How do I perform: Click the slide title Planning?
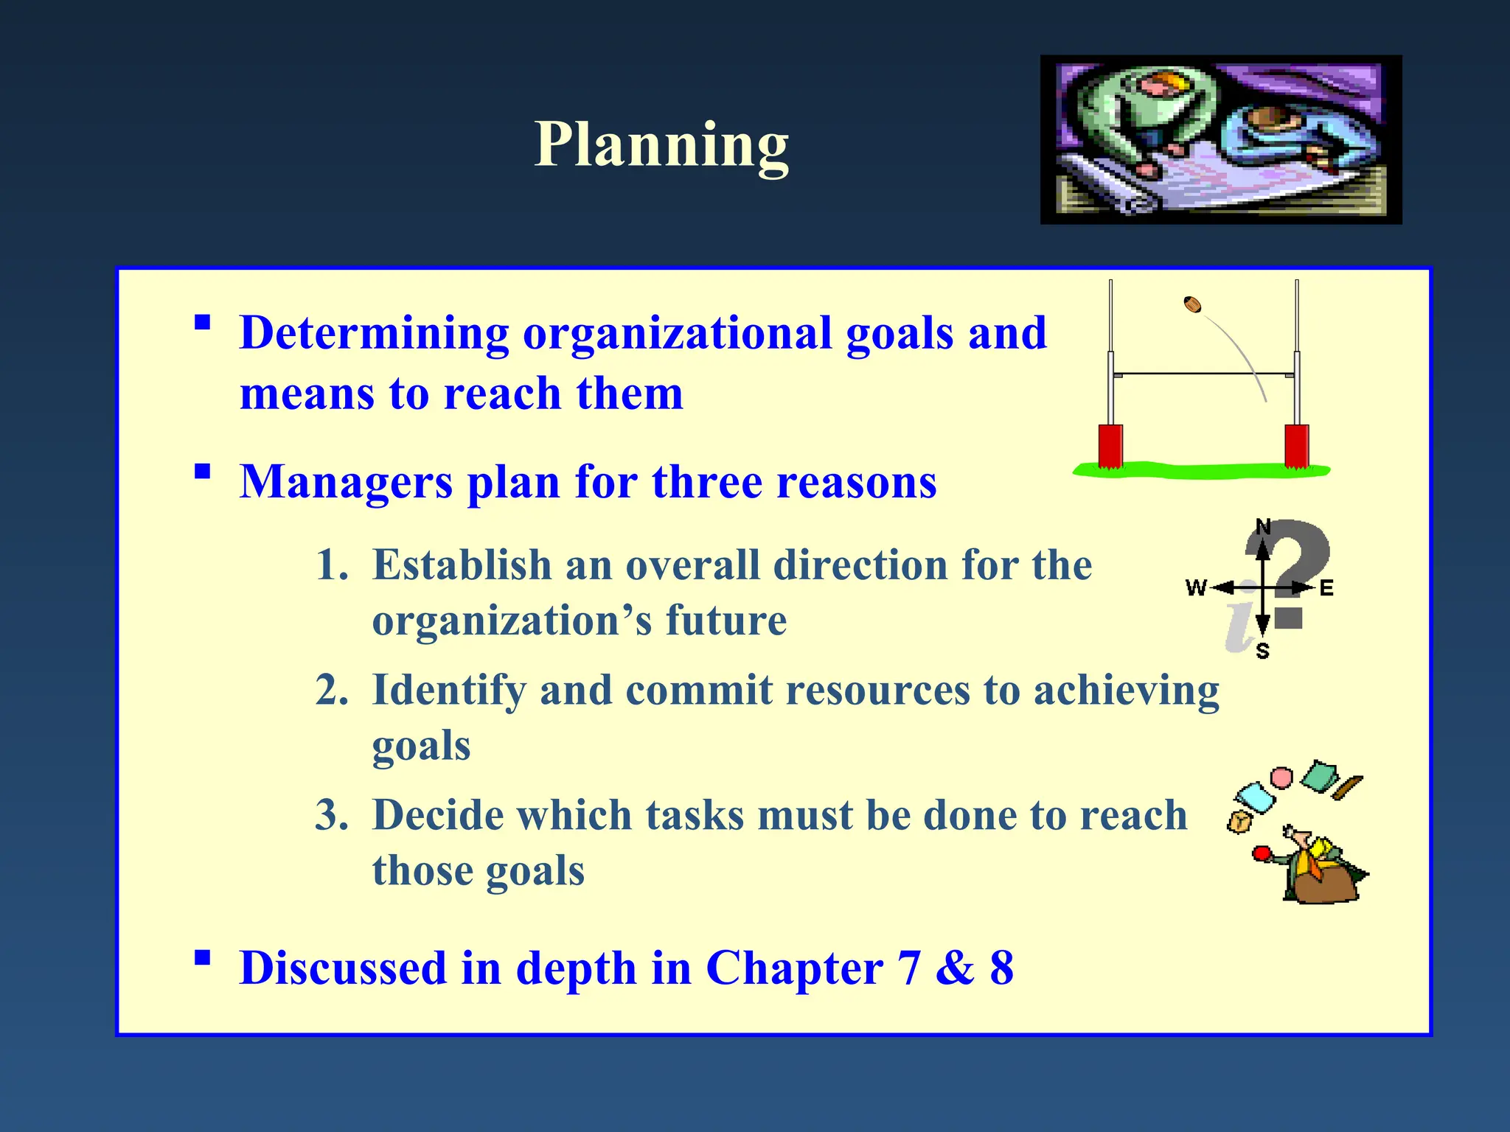(x=661, y=144)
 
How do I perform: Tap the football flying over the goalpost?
(x=1192, y=304)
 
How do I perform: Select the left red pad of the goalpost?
(x=1110, y=446)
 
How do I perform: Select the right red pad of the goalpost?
(x=1296, y=446)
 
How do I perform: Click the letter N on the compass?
(x=1263, y=526)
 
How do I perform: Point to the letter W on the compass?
(x=1195, y=587)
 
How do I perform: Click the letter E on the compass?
(x=1326, y=588)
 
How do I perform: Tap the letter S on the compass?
(x=1262, y=651)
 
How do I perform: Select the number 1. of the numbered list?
(x=332, y=566)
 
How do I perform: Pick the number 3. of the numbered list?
(x=332, y=816)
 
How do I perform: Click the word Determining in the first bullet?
(x=374, y=333)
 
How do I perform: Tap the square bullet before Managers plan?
(x=202, y=472)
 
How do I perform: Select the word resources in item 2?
(x=877, y=691)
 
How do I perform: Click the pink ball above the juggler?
(x=1281, y=778)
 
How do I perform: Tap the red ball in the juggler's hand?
(x=1261, y=854)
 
